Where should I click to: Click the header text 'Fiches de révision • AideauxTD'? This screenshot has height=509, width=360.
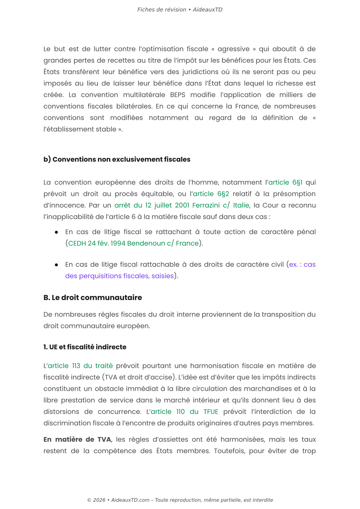pyautogui.click(x=180, y=10)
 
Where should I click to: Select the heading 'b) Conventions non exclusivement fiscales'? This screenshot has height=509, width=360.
pyautogui.click(x=117, y=159)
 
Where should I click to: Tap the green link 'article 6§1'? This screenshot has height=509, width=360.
pyautogui.click(x=285, y=183)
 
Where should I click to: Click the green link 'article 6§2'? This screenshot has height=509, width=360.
pyautogui.click(x=211, y=194)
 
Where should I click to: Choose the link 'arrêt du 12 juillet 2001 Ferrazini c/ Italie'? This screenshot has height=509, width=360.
pyautogui.click(x=182, y=206)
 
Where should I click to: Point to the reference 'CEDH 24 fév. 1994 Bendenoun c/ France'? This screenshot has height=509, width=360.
pyautogui.click(x=133, y=244)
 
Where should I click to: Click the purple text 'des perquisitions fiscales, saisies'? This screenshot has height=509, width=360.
pyautogui.click(x=119, y=276)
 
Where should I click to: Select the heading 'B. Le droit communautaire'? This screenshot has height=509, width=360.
pyautogui.click(x=93, y=298)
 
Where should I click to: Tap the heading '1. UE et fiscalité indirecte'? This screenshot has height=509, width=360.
pyautogui.click(x=85, y=347)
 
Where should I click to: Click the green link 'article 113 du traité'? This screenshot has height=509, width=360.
pyautogui.click(x=80, y=366)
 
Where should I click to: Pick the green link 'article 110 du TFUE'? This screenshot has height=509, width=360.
pyautogui.click(x=184, y=412)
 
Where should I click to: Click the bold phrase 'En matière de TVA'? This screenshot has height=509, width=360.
pyautogui.click(x=77, y=439)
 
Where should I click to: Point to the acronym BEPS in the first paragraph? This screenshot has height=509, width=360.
pyautogui.click(x=178, y=95)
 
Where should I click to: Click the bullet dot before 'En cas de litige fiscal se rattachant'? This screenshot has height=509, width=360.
pyautogui.click(x=56, y=232)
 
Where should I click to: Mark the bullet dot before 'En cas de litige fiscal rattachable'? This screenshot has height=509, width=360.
pyautogui.click(x=56, y=265)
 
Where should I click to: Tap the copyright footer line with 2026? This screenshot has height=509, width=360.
pyautogui.click(x=180, y=500)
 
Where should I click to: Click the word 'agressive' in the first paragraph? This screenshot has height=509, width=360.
pyautogui.click(x=233, y=49)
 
